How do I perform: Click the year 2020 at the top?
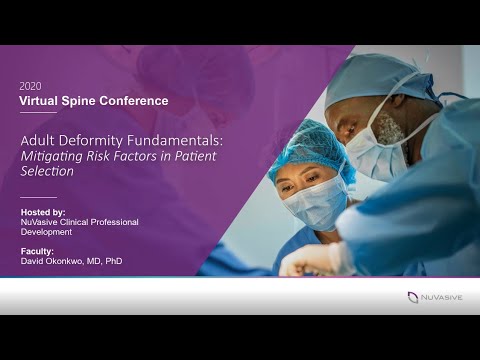[x=30, y=86]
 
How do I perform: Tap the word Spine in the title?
[x=86, y=101]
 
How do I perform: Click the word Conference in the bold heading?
[x=137, y=101]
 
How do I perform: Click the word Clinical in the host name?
[x=83, y=222]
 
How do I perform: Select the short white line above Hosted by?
[x=38, y=197]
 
